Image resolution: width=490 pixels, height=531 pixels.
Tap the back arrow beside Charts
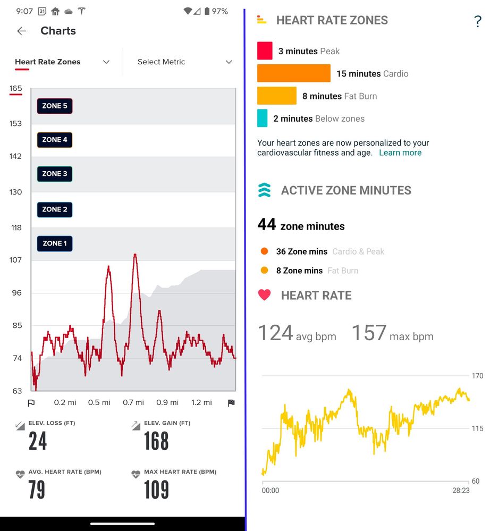[22, 31]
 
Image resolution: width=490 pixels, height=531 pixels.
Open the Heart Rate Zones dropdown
[62, 62]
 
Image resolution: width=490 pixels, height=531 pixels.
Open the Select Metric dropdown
[184, 62]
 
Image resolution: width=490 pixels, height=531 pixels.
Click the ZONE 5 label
[55, 106]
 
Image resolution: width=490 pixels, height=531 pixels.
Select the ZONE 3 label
[55, 174]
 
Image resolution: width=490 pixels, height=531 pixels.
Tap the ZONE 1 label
[55, 243]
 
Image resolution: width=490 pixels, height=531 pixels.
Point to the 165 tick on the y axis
[15, 88]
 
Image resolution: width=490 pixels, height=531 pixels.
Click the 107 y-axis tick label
[15, 260]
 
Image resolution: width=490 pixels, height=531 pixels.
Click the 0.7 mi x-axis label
[133, 402]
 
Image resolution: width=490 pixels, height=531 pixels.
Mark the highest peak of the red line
[136, 255]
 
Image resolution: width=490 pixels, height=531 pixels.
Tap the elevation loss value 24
[38, 441]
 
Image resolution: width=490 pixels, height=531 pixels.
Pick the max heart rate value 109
[156, 490]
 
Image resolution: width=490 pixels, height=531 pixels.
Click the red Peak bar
[265, 51]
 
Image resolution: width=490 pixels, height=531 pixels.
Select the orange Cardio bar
[293, 73]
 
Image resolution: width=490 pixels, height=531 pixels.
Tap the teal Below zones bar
[262, 118]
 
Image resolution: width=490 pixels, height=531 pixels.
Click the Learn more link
[400, 153]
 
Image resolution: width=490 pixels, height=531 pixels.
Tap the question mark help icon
[477, 22]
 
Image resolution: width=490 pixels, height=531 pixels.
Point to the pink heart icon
[264, 295]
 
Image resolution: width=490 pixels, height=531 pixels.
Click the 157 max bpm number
[369, 333]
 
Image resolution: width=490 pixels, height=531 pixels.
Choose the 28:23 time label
[461, 491]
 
